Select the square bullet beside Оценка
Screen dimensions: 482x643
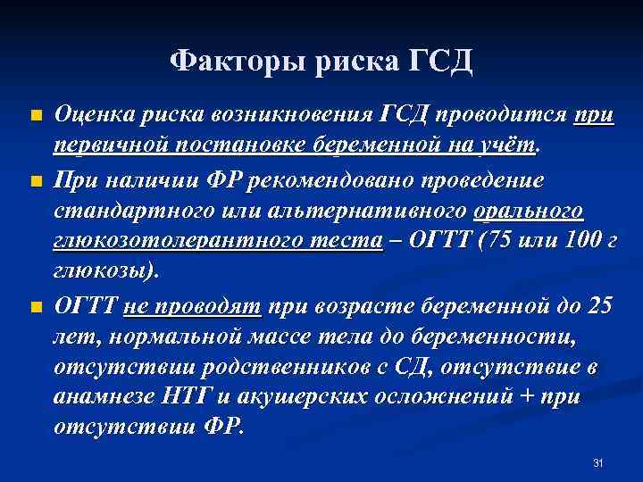pyautogui.click(x=35, y=117)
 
